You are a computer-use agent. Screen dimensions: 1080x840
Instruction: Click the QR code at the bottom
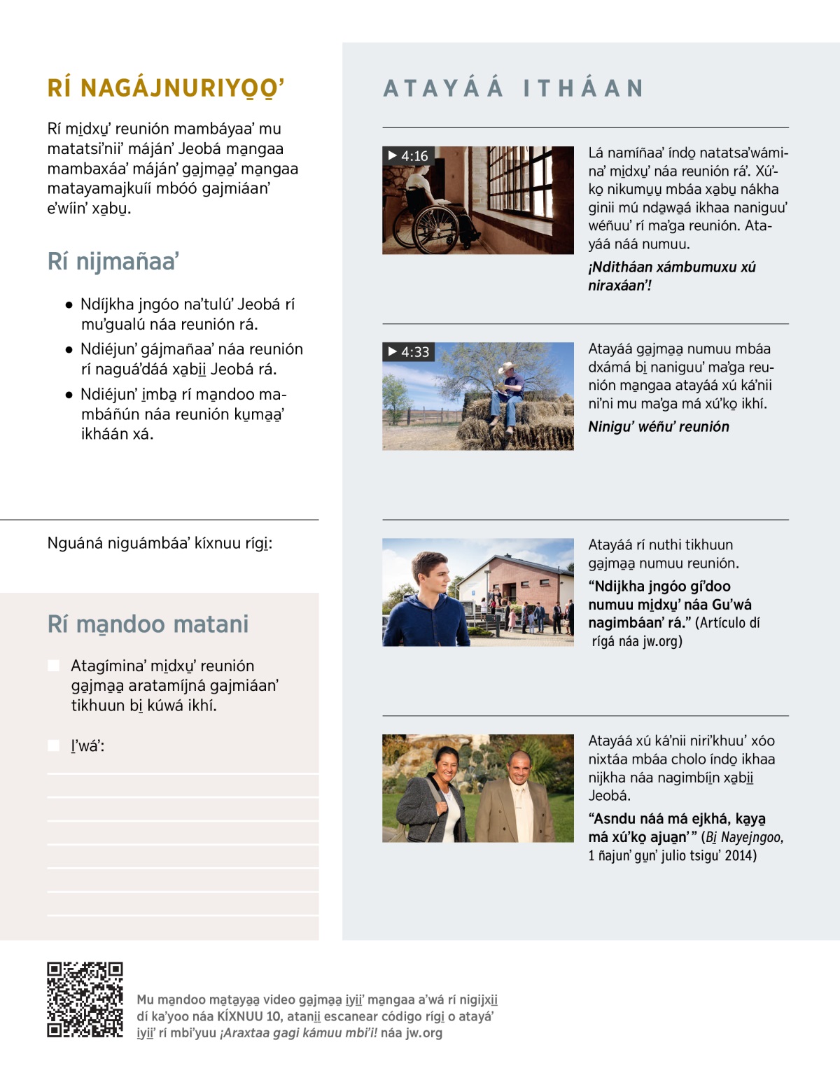coord(85,999)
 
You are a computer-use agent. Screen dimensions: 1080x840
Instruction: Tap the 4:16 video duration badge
coord(408,156)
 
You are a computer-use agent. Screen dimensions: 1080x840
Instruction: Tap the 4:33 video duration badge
coord(408,352)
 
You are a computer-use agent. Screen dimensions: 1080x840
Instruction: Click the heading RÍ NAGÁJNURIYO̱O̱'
coord(166,88)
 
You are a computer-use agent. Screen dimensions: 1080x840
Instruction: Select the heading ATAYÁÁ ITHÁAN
coord(513,88)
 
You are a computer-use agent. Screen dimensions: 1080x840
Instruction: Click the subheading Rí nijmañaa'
coord(113,261)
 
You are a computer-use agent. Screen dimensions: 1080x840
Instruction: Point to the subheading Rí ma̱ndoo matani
coord(148,624)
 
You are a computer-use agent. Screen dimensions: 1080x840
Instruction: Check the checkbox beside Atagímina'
coord(54,666)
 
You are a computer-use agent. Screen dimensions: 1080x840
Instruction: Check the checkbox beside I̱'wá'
coord(54,745)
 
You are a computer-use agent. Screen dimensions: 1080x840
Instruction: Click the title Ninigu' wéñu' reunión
coord(659,427)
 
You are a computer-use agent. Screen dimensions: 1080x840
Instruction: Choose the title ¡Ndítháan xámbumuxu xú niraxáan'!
coord(671,276)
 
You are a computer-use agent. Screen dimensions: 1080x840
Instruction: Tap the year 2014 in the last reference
coord(741,855)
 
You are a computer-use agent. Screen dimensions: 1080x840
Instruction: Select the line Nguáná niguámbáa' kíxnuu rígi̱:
coord(160,543)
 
